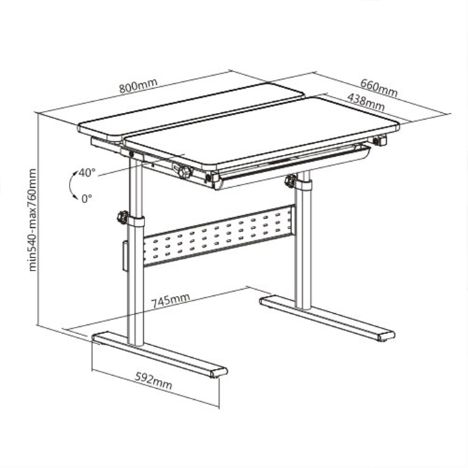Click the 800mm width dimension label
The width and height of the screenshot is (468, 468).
pos(138,85)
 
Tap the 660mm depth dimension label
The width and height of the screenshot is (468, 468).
pos(379,88)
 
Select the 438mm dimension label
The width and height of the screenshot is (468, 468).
pos(366,102)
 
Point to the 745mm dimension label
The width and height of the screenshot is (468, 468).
pos(171,301)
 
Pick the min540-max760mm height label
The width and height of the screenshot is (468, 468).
pos(32,220)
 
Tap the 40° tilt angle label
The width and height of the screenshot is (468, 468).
pos(87,173)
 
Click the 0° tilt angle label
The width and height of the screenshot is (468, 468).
pos(87,198)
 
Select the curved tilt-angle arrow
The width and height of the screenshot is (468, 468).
pos(71,186)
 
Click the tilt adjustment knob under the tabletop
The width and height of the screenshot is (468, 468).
pos(184,172)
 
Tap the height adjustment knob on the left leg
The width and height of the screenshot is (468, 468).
pos(123,217)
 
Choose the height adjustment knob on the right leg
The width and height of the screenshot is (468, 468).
pos(290,181)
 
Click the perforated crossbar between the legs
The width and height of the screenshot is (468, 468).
pos(218,235)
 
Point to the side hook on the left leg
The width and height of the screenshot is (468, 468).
pos(125,257)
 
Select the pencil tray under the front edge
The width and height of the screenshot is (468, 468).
pos(293,167)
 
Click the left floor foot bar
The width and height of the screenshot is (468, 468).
pos(160,355)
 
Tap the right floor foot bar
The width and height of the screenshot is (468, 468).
pos(327,318)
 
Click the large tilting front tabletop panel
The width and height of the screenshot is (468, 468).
pos(262,134)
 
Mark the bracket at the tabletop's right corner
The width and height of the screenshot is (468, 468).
pos(380,140)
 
